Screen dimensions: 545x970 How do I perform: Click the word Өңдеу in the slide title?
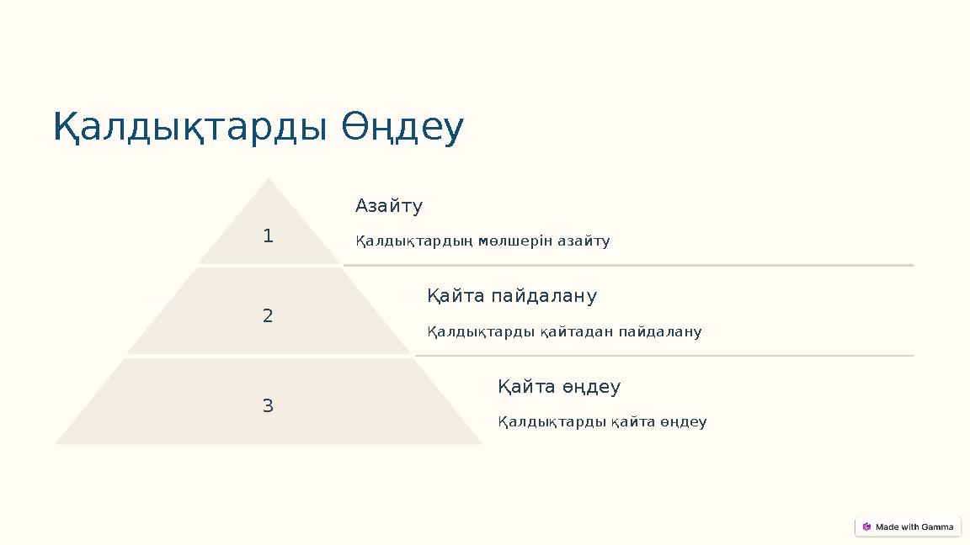click(x=402, y=128)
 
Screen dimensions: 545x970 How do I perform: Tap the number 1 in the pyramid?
click(x=268, y=236)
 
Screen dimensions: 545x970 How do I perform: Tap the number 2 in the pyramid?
click(x=268, y=316)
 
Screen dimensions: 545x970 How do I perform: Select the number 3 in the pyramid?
click(x=268, y=406)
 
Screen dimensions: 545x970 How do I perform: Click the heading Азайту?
click(x=388, y=206)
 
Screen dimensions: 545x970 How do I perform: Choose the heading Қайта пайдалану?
click(x=511, y=296)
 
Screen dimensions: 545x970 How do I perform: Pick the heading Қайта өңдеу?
click(x=558, y=387)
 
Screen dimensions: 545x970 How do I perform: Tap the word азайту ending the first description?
click(x=584, y=241)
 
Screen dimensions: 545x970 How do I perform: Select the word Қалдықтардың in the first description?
click(x=413, y=241)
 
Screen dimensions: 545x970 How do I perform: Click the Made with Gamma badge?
click(x=908, y=526)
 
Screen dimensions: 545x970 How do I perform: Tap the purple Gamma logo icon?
click(x=866, y=526)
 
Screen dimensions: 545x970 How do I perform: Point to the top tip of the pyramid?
click(x=269, y=180)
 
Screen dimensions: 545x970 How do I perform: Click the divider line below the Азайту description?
click(x=627, y=265)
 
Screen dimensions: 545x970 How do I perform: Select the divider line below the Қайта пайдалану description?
click(x=664, y=356)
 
